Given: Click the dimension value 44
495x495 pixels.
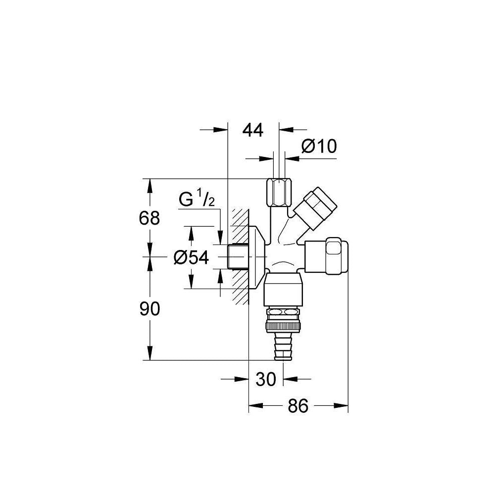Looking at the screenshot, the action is click(x=253, y=130).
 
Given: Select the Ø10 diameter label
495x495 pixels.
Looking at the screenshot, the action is click(x=319, y=146).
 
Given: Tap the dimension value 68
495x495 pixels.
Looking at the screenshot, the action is click(x=149, y=218).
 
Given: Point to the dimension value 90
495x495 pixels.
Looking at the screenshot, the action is click(x=149, y=309).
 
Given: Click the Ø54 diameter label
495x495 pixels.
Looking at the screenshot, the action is click(x=191, y=257).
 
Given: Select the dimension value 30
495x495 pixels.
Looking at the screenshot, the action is click(x=266, y=379).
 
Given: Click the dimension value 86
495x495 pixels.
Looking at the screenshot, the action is click(x=297, y=406).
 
